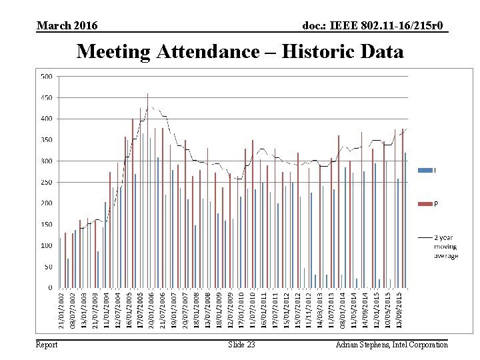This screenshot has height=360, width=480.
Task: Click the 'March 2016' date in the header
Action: tap(67, 26)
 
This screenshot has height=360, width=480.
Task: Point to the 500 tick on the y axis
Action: tap(47, 77)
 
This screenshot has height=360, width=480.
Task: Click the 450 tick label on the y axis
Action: tap(47, 98)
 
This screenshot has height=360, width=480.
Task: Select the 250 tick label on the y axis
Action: tap(47, 182)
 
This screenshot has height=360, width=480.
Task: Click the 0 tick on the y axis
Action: tap(51, 288)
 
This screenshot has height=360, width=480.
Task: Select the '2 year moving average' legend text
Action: tap(446, 247)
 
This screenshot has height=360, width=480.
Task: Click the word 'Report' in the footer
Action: tap(47, 345)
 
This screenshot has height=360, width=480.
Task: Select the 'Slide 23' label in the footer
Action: tap(241, 345)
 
